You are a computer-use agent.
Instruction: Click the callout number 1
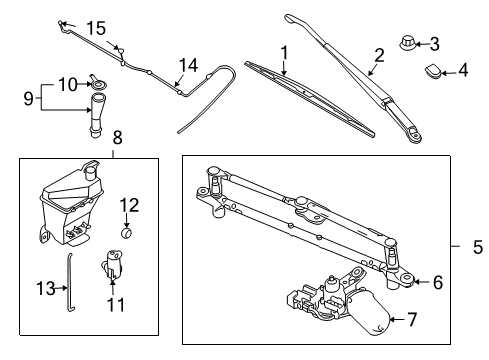coord(284,52)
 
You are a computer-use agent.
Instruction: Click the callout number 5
coord(477,245)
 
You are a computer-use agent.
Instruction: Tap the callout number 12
coord(127,205)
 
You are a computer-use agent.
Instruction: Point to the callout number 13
coord(43,289)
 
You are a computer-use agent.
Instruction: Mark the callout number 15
coord(96,27)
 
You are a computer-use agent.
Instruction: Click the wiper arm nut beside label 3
coord(408,44)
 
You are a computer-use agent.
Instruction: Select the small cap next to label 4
coord(435,70)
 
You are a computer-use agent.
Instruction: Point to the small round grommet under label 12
coord(127,233)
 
